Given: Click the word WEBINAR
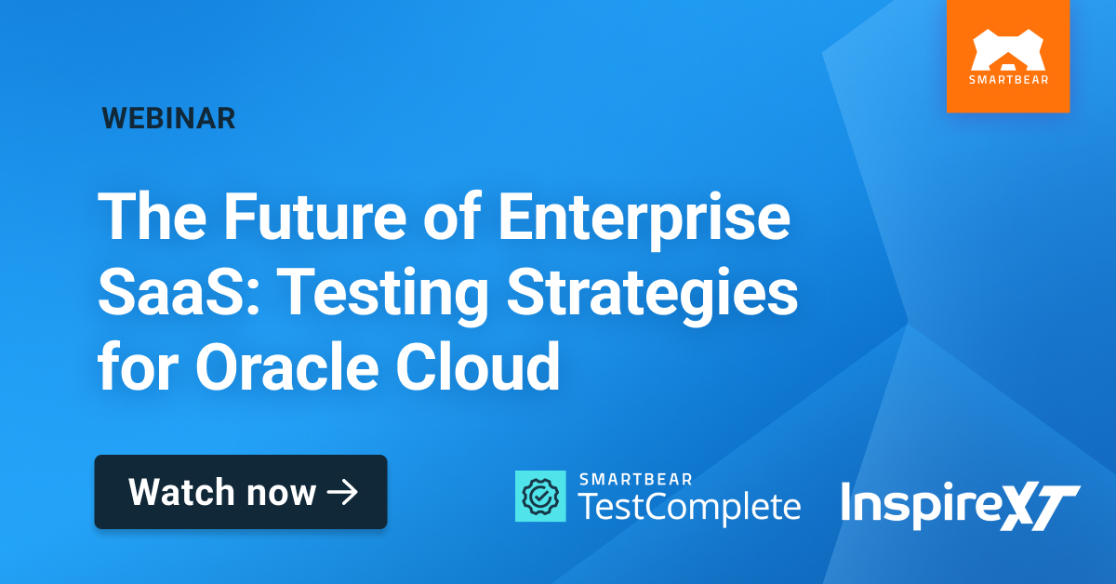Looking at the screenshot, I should (x=168, y=118).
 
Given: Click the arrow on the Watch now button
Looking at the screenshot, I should (x=343, y=492).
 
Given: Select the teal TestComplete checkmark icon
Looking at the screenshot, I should (x=540, y=496).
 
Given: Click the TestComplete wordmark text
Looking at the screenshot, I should (x=689, y=506).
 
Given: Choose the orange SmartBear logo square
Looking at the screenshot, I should (x=1007, y=56).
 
